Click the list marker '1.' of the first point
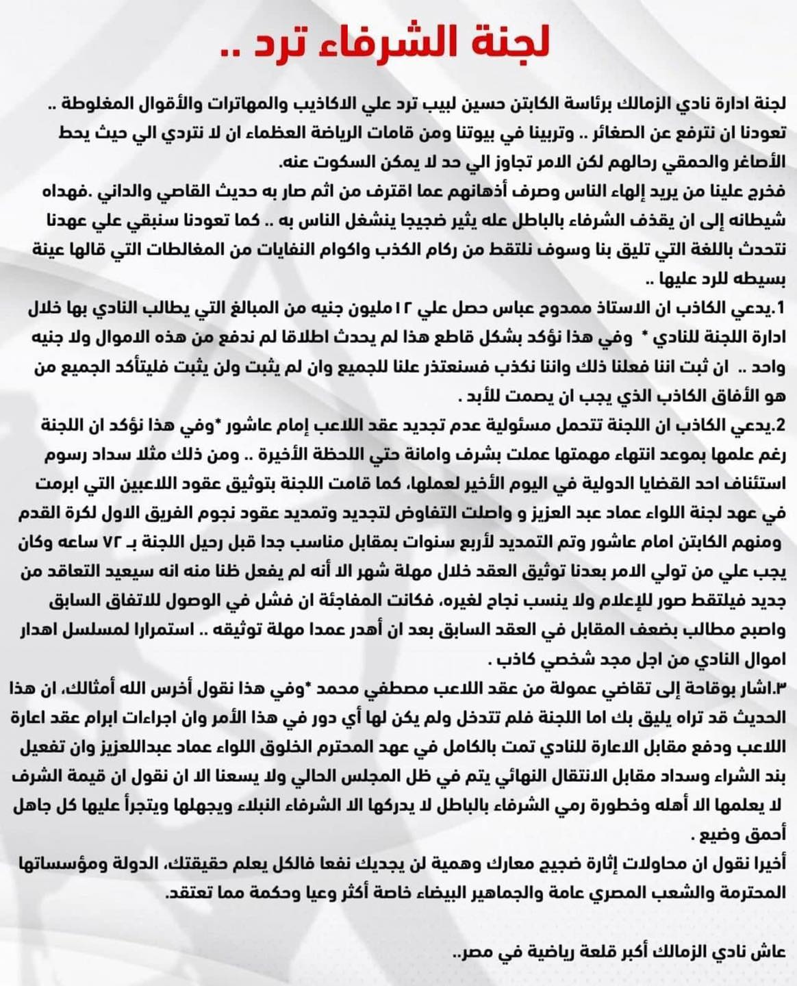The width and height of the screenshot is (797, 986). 778,309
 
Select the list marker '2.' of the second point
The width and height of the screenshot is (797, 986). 778,425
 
